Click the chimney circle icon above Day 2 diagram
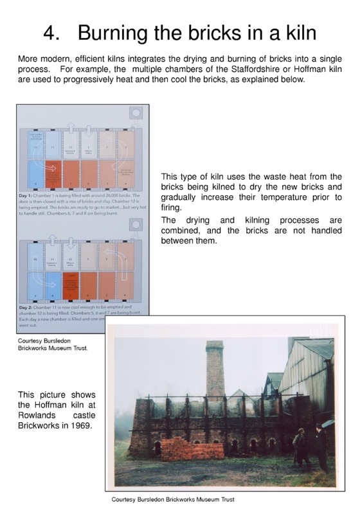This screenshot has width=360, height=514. click(136, 225)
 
